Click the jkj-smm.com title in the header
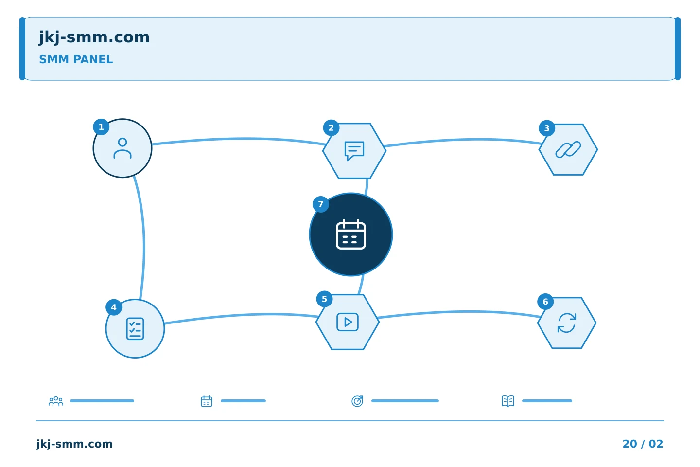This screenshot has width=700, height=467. coord(94,37)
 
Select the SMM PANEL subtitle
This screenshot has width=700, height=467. coord(76,59)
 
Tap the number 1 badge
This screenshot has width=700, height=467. coord(101,127)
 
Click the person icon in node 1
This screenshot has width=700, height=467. coord(122,148)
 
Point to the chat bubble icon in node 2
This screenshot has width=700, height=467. coord(354,151)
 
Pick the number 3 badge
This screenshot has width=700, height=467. coord(547,128)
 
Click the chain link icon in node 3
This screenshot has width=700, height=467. coord(568,149)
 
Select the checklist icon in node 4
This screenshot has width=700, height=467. coord(135,328)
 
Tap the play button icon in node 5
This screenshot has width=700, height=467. coord(348,322)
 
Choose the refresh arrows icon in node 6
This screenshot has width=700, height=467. coord(567,323)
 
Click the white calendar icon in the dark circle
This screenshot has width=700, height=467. coord(351,234)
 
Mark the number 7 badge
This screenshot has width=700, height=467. coord(321,204)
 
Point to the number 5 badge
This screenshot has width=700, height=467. coord(324,299)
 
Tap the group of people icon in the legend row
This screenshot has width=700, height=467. coord(56,401)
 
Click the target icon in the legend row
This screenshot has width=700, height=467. coord(357,401)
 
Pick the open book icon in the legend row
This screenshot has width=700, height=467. coord(508,401)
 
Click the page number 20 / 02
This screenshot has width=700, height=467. coord(643,444)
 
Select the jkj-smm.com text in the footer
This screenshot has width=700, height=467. coord(74,444)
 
